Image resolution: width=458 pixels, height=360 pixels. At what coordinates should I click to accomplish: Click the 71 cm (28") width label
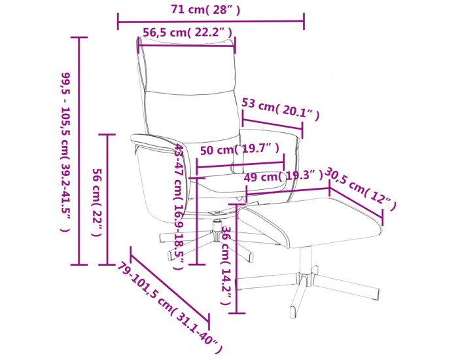(x=205, y=10)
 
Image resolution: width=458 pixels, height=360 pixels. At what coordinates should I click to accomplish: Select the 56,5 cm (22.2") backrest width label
(x=187, y=33)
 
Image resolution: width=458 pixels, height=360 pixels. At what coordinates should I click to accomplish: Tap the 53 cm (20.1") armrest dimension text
(x=281, y=109)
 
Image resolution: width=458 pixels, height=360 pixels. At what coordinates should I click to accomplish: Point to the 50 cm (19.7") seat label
(x=239, y=150)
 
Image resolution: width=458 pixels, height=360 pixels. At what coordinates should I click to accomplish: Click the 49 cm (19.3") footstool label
(x=283, y=176)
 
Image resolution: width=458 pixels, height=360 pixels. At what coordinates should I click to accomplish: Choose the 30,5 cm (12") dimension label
(x=360, y=188)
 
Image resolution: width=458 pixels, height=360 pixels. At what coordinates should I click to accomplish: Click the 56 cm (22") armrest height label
(x=97, y=202)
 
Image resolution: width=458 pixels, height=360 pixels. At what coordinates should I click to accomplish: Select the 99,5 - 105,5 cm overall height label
(x=65, y=152)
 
